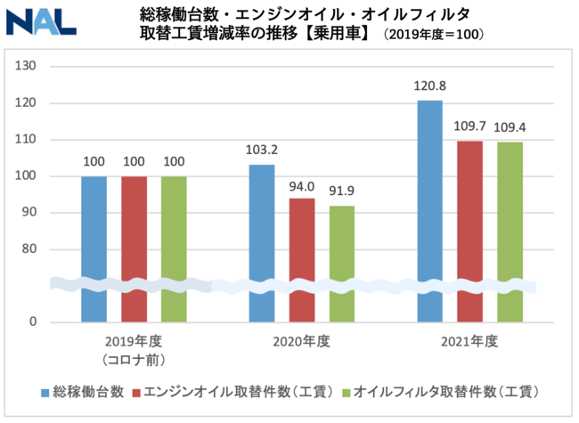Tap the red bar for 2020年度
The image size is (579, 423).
pos(302,258)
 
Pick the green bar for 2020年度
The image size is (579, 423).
pos(342,263)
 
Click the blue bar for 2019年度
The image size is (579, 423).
pos(94,248)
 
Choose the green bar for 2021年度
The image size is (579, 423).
pos(510,232)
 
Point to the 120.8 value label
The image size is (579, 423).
pos(429,89)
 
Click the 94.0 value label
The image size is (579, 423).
pos(302,186)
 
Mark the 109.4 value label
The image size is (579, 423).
pos(510,128)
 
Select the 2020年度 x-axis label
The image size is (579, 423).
pos(302,341)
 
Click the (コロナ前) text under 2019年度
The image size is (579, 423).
pos(134,358)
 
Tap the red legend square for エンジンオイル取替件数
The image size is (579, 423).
pos(136,392)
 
